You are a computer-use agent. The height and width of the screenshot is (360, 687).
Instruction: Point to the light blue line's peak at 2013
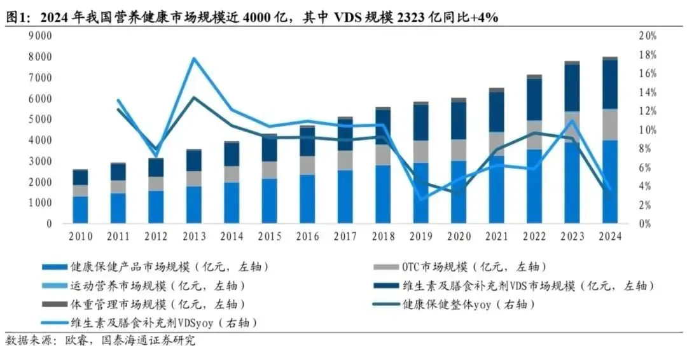coord(194,59)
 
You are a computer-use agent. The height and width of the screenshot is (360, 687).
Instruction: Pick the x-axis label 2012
coord(156,236)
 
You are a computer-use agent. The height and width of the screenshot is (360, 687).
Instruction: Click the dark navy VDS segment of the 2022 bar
coord(534,99)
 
